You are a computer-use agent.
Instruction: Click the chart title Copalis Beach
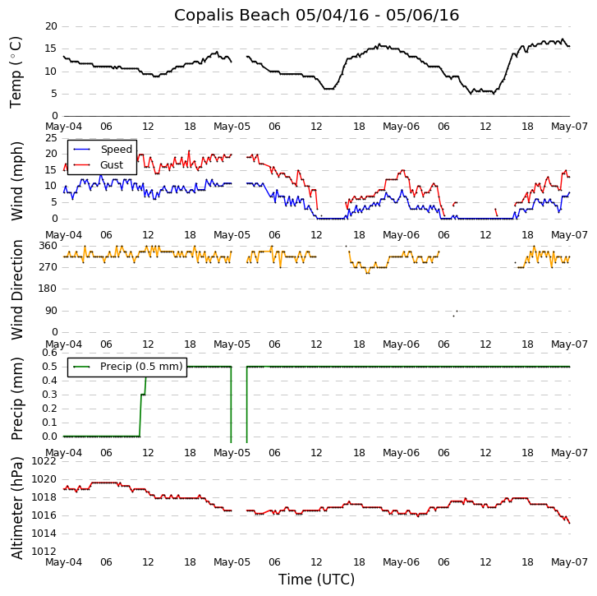click(316, 15)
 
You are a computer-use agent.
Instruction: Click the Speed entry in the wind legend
click(116, 150)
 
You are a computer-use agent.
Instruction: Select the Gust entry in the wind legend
click(111, 165)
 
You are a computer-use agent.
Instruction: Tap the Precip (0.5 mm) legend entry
click(140, 367)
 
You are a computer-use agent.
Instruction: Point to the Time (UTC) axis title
click(316, 580)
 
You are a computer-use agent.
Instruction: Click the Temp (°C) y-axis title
click(16, 72)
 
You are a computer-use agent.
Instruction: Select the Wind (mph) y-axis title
click(18, 180)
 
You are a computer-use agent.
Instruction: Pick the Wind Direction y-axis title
click(18, 289)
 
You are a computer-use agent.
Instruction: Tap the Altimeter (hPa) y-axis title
click(18, 507)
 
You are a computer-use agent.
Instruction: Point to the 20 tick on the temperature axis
click(51, 26)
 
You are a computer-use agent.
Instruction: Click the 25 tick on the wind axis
click(51, 137)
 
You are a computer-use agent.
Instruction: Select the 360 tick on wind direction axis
click(48, 246)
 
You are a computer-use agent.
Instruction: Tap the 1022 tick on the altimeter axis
click(44, 461)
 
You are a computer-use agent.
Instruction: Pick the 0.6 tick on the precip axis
click(49, 353)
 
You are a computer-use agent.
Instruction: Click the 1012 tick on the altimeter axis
click(44, 552)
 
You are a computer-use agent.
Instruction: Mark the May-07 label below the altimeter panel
click(570, 562)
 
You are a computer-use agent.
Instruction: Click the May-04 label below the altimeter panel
click(63, 562)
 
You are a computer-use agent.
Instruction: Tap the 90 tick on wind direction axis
click(51, 311)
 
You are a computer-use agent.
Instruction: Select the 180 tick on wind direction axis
click(48, 289)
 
